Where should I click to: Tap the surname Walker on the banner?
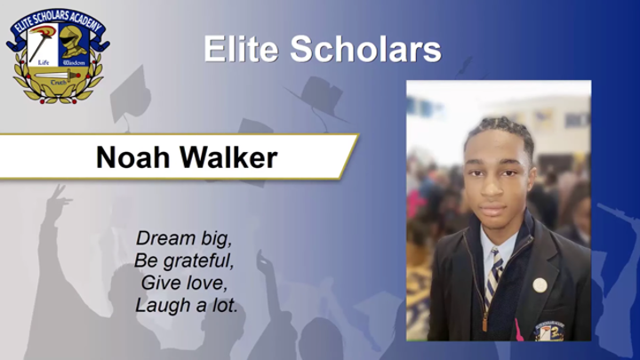tap(230, 157)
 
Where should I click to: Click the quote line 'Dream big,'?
tap(183, 238)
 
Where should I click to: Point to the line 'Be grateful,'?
tap(183, 260)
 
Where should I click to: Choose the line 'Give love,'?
tap(183, 283)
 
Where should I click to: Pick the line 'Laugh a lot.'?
tap(187, 305)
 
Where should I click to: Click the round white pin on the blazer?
tap(540, 285)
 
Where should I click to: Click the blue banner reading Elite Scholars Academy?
tap(55, 20)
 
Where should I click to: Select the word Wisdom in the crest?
tap(73, 64)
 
